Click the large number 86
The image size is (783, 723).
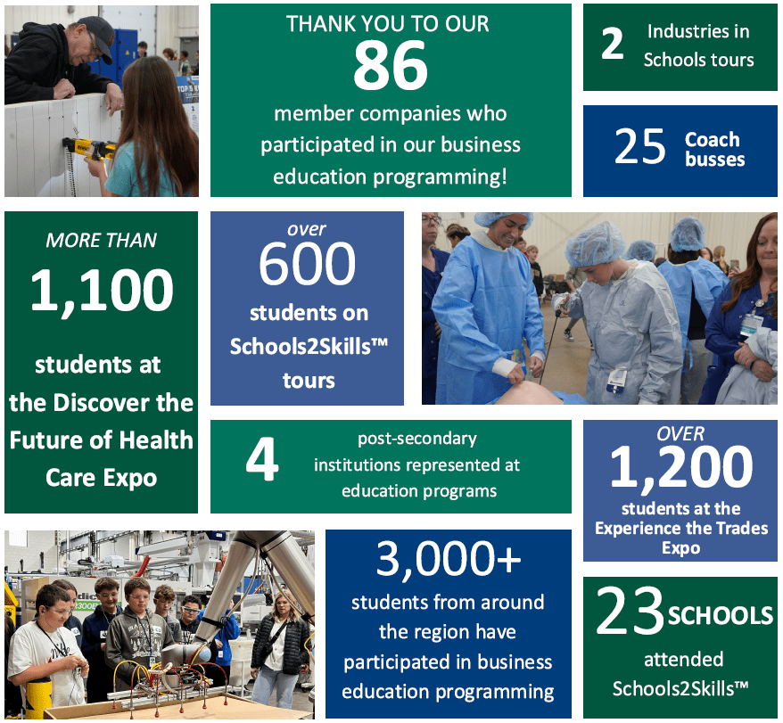click(x=391, y=65)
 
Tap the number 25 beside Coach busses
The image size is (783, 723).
click(x=639, y=146)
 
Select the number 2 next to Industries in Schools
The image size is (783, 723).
click(x=613, y=44)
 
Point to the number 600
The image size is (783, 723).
click(x=307, y=263)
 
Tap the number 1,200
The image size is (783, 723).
click(x=681, y=468)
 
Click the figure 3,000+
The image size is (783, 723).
click(x=449, y=559)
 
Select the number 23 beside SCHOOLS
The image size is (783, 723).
click(x=631, y=611)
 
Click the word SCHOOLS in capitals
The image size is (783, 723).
click(x=721, y=616)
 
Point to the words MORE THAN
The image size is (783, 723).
click(x=102, y=241)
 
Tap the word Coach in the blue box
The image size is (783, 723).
click(x=713, y=140)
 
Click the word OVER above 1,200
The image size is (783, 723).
click(x=680, y=434)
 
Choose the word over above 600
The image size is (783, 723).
click(x=307, y=229)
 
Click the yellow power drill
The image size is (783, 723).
click(x=90, y=148)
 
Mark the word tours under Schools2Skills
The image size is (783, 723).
click(x=309, y=381)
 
